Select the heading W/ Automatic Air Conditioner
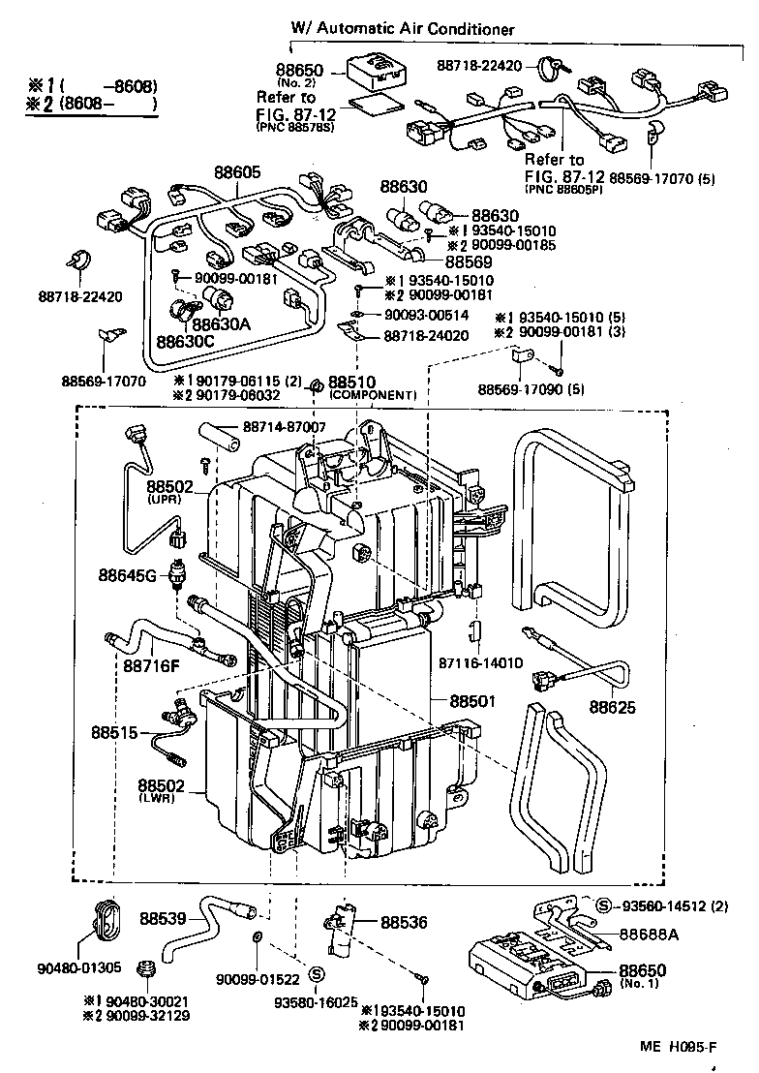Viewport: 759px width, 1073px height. pyautogui.click(x=403, y=30)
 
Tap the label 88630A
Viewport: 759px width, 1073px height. pyautogui.click(x=221, y=323)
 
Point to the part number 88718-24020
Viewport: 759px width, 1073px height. pyautogui.click(x=426, y=336)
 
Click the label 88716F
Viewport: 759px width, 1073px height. pyautogui.click(x=151, y=665)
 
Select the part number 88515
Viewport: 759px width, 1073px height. pyautogui.click(x=115, y=732)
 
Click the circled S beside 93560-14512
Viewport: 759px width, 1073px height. pyautogui.click(x=603, y=905)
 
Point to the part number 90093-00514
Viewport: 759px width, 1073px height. pyautogui.click(x=427, y=315)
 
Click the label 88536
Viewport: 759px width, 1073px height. pyautogui.click(x=404, y=923)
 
